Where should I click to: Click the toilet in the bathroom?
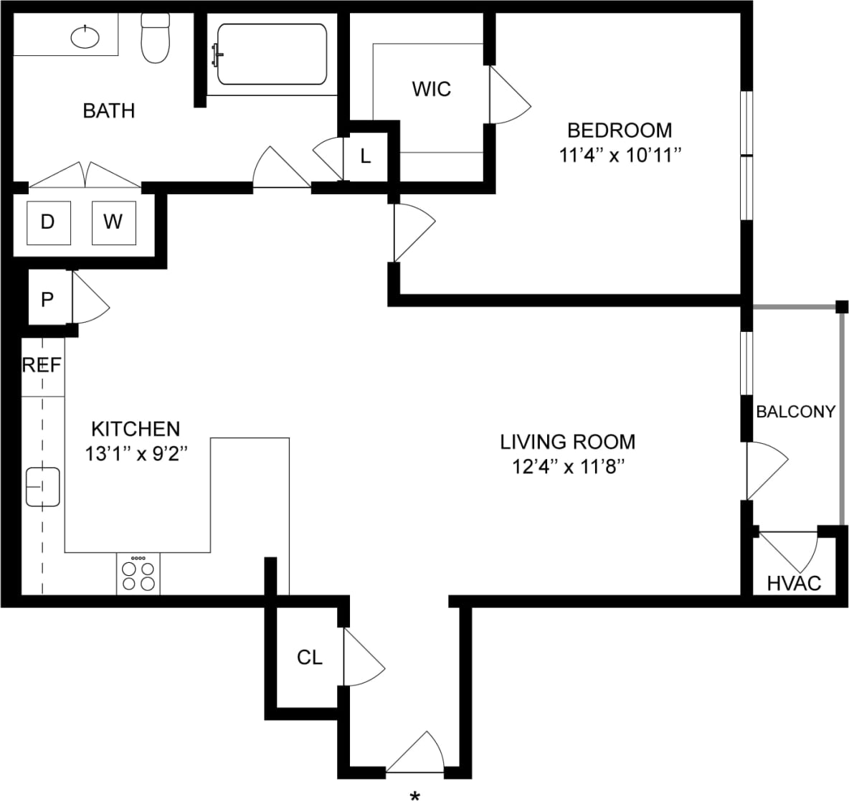155,39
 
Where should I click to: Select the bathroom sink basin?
86,36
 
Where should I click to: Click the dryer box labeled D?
48,222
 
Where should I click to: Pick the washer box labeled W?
113,222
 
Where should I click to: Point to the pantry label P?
47,299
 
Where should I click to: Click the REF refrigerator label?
42,365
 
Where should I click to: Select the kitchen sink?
43,487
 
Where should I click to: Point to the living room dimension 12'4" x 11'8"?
568,466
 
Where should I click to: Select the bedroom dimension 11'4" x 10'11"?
620,155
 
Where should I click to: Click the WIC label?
432,89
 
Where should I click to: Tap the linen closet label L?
365,156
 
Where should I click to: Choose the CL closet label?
310,657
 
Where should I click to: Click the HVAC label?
794,583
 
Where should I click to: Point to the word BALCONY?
796,412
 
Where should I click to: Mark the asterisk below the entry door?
414,795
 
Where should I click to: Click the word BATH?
109,110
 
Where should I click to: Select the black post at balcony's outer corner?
842,307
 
